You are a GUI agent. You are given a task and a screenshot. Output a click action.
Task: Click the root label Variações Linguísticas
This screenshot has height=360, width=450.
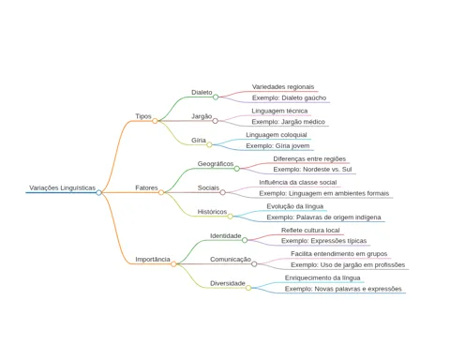[x=63, y=187]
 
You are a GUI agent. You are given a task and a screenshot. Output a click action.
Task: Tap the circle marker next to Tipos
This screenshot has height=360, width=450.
[x=155, y=121]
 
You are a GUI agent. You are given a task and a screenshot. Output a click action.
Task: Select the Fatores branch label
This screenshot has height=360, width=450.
[x=146, y=187]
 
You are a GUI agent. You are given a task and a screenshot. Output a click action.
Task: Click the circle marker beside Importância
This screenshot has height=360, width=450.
[x=173, y=264]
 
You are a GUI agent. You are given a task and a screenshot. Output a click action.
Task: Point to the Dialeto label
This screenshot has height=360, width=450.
[x=202, y=93]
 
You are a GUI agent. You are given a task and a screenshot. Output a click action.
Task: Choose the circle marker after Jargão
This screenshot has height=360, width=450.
[x=216, y=121]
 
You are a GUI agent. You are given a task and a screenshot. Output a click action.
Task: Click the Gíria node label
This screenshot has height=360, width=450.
[x=199, y=141]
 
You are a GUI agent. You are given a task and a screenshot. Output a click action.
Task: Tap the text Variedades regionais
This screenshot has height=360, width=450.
[x=283, y=87]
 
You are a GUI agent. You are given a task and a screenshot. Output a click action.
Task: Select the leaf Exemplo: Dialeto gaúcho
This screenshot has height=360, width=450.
[x=289, y=97]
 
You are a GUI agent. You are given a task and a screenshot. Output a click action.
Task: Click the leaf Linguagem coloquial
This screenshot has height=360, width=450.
[x=277, y=135]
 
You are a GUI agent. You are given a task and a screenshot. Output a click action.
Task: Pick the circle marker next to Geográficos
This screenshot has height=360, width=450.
[x=237, y=169]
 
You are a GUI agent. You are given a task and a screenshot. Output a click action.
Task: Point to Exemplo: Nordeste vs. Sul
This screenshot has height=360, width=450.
[x=312, y=170]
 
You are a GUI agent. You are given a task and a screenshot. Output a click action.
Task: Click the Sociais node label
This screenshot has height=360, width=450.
[x=208, y=187]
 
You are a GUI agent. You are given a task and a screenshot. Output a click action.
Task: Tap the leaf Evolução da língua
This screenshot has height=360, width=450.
[x=295, y=206]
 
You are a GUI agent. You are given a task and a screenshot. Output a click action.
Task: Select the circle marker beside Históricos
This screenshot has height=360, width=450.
[x=231, y=217]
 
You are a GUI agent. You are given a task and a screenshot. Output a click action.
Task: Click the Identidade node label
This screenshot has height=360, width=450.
[x=226, y=235]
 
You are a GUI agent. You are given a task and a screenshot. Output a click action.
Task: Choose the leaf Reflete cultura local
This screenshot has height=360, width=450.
[x=310, y=231]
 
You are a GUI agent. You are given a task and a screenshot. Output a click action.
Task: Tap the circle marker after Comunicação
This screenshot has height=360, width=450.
[x=254, y=264]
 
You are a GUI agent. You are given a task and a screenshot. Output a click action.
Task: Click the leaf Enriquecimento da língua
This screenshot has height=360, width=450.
[x=322, y=277]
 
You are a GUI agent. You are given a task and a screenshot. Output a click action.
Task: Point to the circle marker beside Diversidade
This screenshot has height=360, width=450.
[x=248, y=288]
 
